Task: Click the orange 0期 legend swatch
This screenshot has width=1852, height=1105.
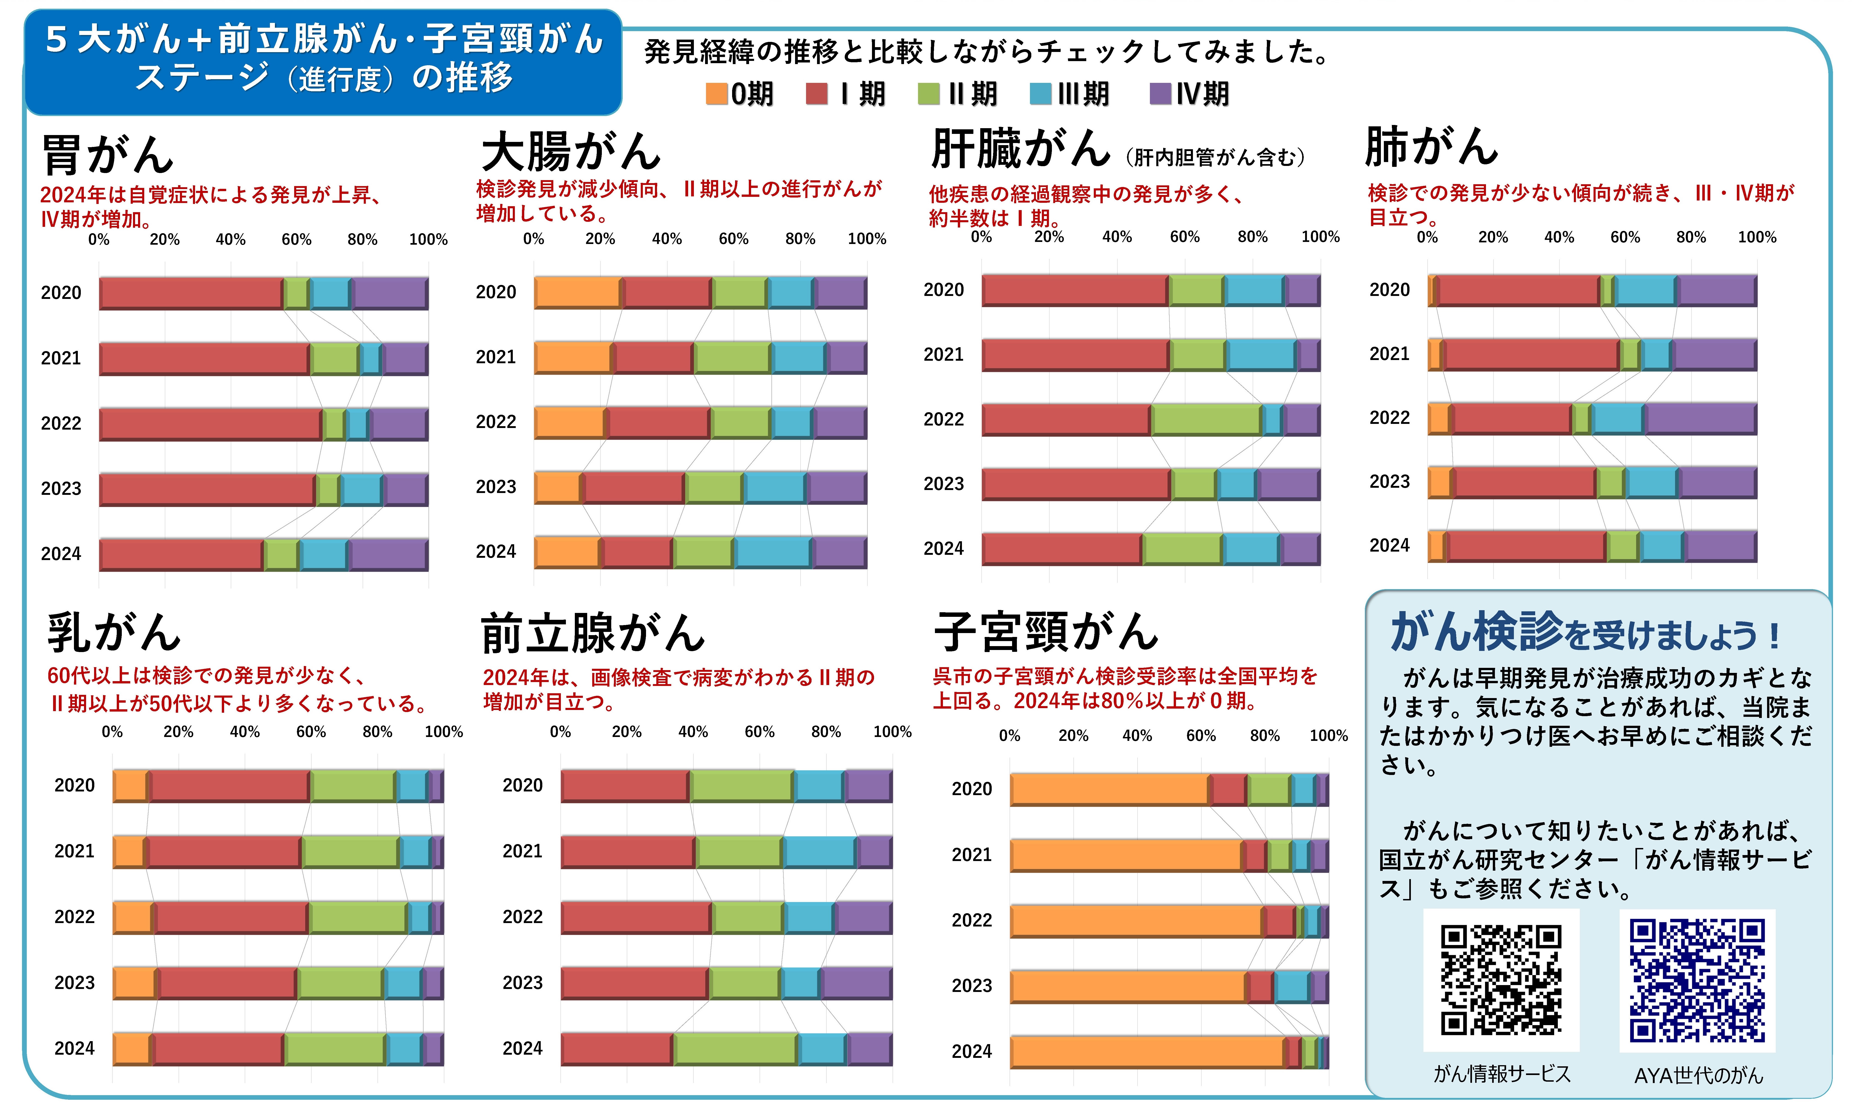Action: click(x=716, y=94)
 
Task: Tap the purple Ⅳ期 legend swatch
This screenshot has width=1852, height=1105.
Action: click(x=1160, y=94)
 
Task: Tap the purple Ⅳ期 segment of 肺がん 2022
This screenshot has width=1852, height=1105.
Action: click(x=1700, y=418)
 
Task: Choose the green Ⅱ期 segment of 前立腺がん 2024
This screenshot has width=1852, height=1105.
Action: click(x=735, y=1049)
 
